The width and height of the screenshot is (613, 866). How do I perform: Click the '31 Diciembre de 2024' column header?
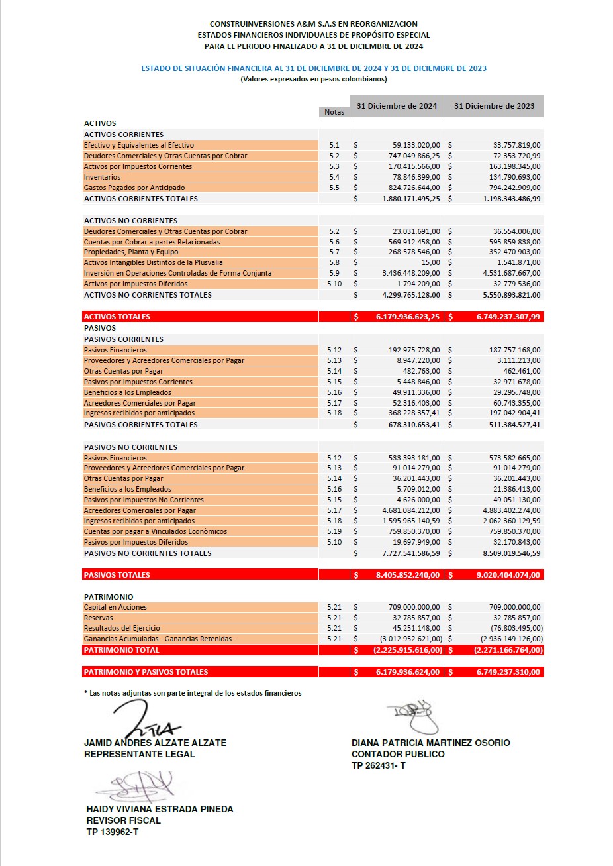tap(397, 106)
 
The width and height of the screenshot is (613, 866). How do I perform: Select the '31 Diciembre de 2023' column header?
tap(494, 106)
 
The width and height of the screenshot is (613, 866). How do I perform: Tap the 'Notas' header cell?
tap(334, 112)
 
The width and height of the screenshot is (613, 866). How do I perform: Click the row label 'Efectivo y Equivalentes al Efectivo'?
tap(139, 145)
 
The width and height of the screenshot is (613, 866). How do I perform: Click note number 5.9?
tap(334, 273)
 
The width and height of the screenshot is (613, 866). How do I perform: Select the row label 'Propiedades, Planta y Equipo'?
tap(131, 252)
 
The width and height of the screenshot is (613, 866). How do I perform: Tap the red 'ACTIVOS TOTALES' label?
tap(117, 317)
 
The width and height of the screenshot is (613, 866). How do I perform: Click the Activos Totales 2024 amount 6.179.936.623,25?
tap(407, 317)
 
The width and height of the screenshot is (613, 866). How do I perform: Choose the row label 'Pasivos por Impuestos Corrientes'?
tap(138, 382)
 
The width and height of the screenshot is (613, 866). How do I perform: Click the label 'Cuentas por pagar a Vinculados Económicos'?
tap(156, 531)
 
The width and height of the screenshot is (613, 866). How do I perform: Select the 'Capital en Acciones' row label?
tap(116, 607)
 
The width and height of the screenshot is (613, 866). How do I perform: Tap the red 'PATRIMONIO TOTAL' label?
tap(122, 650)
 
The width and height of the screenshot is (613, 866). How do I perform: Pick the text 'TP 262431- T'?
tap(379, 765)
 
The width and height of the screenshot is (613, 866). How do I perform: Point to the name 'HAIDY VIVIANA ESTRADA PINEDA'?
tap(160, 809)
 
